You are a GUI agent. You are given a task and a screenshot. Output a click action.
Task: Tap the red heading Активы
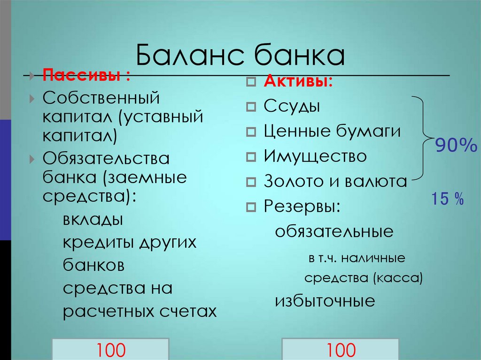(298, 82)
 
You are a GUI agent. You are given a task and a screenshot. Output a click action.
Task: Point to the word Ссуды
(292, 106)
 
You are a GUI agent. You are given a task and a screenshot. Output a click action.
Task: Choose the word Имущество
(315, 156)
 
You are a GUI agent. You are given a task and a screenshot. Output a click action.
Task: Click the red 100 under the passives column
(111, 350)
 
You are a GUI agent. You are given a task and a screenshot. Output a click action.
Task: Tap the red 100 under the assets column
(341, 350)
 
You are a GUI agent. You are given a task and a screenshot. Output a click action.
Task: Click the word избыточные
(325, 300)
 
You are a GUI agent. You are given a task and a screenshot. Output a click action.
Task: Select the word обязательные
(334, 231)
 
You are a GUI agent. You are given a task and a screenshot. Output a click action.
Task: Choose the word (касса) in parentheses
(398, 278)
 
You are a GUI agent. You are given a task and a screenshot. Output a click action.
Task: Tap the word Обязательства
(106, 159)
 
